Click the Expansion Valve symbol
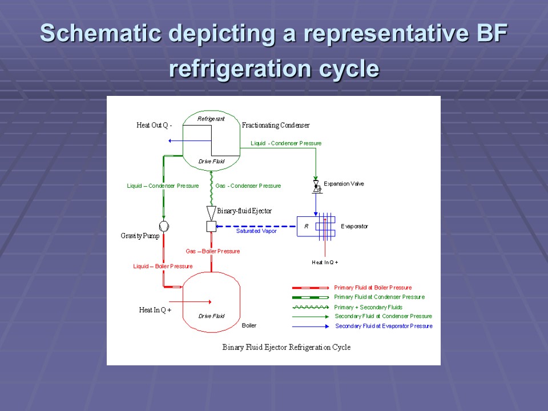pos(315,186)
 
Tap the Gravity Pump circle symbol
pos(163,226)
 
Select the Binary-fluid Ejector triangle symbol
pos(211,212)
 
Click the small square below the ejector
pos(211,227)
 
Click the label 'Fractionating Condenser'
pos(276,126)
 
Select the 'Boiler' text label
pos(249,325)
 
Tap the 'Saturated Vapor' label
pos(256,231)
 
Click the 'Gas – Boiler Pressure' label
pos(213,251)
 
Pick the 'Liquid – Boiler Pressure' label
pos(163,266)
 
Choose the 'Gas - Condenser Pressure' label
pos(248,186)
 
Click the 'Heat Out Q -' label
pos(154,126)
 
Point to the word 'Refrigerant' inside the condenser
pos(211,119)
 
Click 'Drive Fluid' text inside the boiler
pos(211,316)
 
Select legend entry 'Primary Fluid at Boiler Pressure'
pos(373,288)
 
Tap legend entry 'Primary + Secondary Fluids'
pos(368,307)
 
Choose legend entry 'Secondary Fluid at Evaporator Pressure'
pos(384,326)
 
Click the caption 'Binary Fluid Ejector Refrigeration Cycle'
pos(286,347)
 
